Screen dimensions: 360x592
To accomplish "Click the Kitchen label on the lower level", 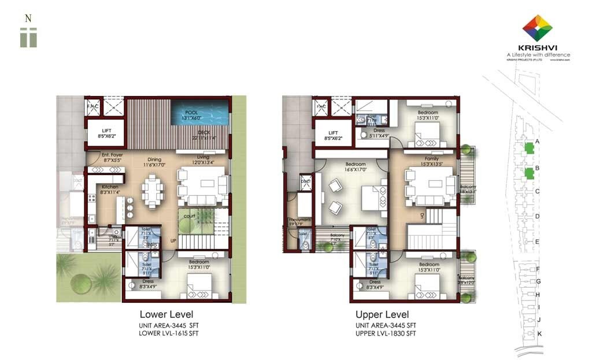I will (110, 187).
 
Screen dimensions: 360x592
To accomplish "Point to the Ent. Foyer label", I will (112, 155).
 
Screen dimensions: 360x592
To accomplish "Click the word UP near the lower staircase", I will (172, 240).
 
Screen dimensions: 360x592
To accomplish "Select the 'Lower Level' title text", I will (162, 315).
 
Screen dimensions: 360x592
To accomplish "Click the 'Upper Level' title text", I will (382, 315).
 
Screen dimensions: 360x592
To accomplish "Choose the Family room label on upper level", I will (431, 159).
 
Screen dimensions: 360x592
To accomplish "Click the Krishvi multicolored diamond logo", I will (537, 27).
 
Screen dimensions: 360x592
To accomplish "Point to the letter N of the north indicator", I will (28, 18).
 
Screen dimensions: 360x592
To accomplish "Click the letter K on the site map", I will (539, 334).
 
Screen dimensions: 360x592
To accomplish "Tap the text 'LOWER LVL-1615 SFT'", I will (168, 333).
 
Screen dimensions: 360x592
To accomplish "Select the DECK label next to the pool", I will (203, 132).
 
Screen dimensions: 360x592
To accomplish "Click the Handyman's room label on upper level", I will (299, 221).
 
